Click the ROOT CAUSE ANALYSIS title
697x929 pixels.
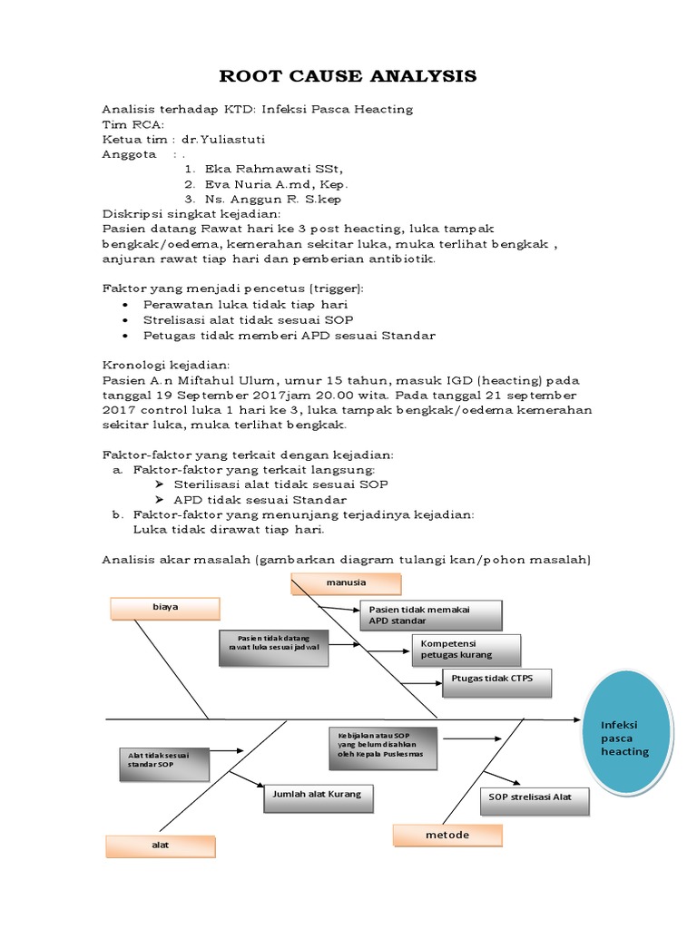tap(348, 76)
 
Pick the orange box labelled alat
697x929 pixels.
tap(160, 845)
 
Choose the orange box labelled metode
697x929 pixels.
tap(447, 835)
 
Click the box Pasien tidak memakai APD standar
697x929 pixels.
tap(431, 615)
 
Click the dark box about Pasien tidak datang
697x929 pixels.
tap(274, 647)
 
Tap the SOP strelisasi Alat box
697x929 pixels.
tap(534, 801)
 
